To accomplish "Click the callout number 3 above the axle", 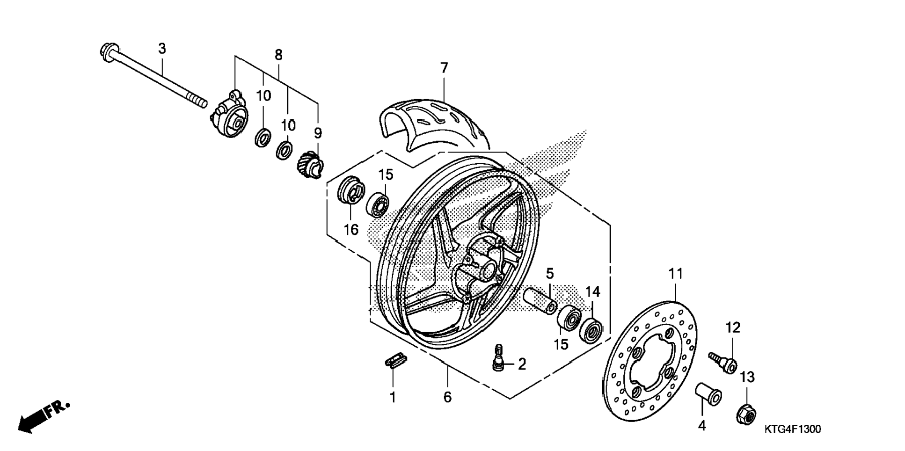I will click(x=162, y=49).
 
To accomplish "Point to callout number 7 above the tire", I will click(x=444, y=68).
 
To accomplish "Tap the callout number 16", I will click(x=351, y=230).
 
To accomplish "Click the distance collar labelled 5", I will click(x=540, y=301).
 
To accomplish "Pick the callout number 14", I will click(x=592, y=292).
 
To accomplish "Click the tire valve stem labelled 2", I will click(x=499, y=358).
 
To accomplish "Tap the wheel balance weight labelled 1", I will click(x=396, y=361).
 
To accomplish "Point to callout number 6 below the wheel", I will click(x=447, y=397).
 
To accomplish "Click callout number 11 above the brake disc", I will click(x=676, y=274).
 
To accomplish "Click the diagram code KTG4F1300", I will click(x=793, y=429).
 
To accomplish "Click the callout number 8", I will click(x=278, y=55).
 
